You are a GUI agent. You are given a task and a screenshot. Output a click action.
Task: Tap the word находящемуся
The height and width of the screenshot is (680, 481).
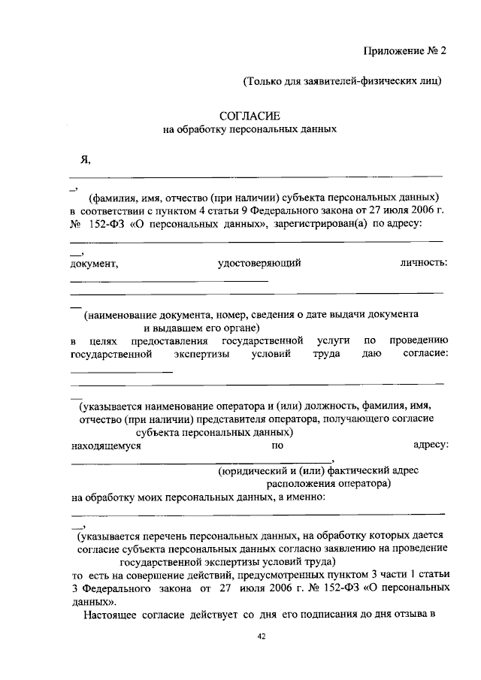[x=106, y=446]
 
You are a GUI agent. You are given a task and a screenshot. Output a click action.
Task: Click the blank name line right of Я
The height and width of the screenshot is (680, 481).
[x=256, y=176]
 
